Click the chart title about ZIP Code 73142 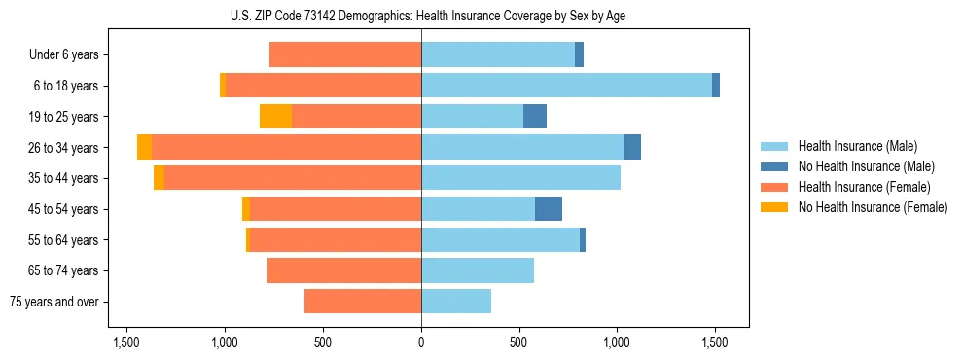(x=421, y=16)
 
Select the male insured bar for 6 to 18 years (x=566, y=86)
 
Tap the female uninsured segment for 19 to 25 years (x=275, y=117)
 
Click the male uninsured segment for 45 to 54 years (x=549, y=209)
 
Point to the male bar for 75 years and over (x=456, y=302)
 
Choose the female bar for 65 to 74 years (x=343, y=270)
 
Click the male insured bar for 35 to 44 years (x=520, y=178)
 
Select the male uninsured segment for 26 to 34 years (x=632, y=147)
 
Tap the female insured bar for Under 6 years (x=345, y=54)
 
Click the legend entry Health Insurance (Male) (x=857, y=146)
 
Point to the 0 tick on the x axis (x=421, y=342)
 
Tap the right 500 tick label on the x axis (x=519, y=342)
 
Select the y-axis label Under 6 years (x=64, y=54)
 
